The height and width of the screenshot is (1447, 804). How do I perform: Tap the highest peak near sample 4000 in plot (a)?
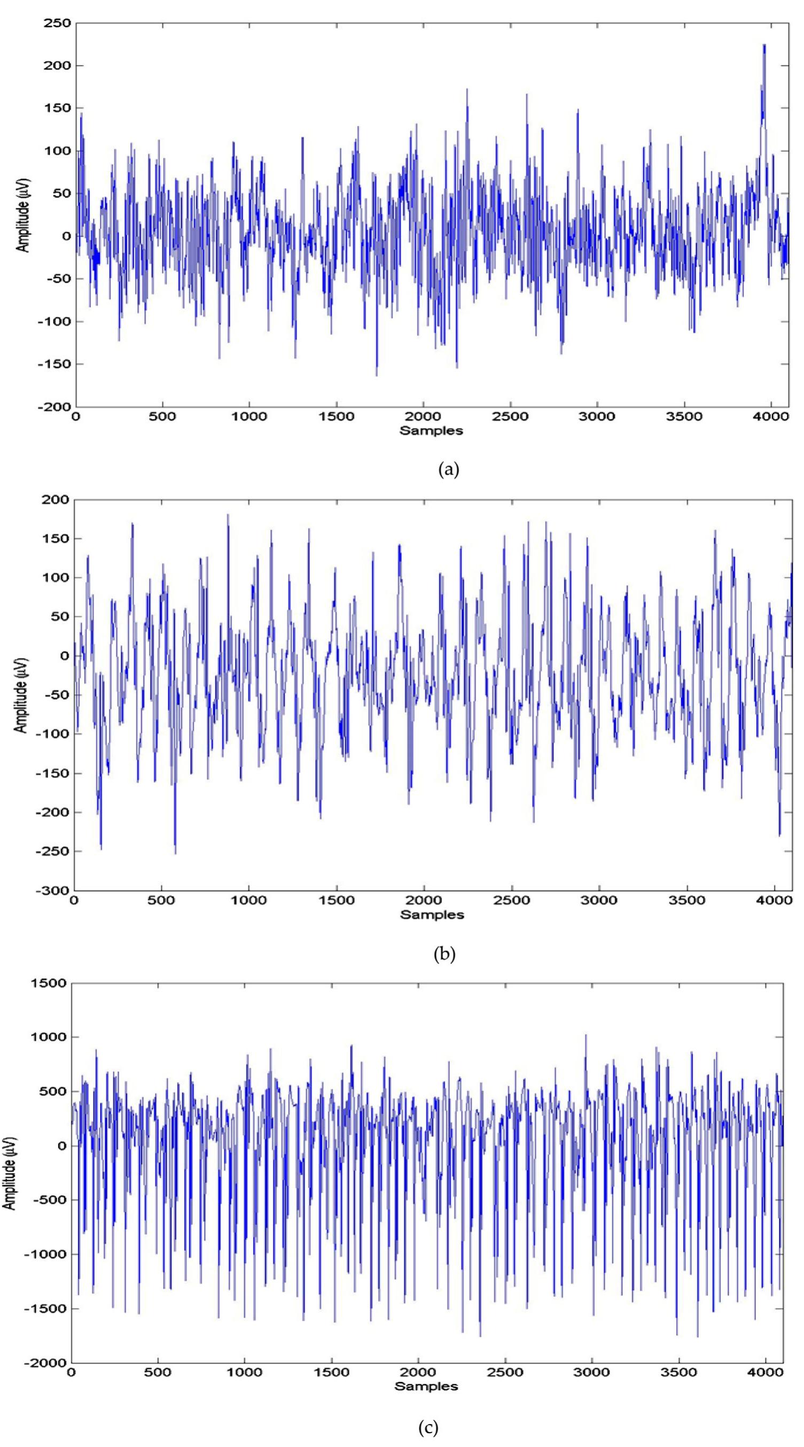pos(763,45)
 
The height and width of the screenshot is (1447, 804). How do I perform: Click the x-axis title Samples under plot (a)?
pos(431,431)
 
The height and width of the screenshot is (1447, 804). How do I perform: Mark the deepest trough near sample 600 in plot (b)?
pos(175,854)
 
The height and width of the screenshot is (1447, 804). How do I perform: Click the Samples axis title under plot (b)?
pos(432,914)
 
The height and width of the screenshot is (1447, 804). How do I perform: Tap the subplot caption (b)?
pos(444,953)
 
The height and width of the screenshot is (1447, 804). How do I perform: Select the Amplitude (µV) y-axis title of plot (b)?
pos(21,695)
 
